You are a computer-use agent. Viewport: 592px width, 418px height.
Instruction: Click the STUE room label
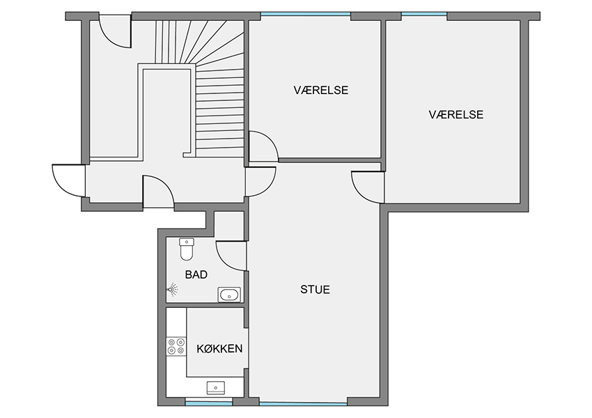tap(315, 289)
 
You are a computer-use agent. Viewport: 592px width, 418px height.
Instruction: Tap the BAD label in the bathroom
tap(196, 274)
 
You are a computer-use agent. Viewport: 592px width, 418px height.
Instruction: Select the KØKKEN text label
tap(219, 348)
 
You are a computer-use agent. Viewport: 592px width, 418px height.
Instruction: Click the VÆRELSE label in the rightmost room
tap(455, 114)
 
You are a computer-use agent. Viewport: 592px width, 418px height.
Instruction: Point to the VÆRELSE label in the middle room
tap(321, 90)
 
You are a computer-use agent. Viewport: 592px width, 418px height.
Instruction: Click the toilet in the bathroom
tap(187, 249)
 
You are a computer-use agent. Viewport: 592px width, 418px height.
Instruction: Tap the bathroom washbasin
tap(229, 295)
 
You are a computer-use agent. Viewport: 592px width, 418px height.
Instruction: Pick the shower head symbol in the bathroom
tap(173, 289)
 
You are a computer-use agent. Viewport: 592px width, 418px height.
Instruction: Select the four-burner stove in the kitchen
tap(176, 346)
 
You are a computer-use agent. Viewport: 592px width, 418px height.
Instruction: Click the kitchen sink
tap(216, 388)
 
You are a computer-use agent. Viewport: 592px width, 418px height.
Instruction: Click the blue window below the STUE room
tap(303, 403)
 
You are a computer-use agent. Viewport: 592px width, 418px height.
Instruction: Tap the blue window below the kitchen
tap(209, 403)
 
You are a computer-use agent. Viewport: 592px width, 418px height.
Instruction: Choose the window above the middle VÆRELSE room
tap(306, 15)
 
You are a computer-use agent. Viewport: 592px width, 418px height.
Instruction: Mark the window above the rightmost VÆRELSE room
tap(424, 15)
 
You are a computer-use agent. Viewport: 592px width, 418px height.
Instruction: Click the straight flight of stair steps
tap(219, 112)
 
